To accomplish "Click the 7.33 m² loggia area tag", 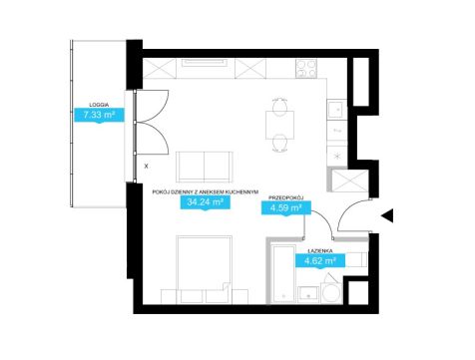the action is pos(99,115).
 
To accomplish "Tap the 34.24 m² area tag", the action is pos(205,202).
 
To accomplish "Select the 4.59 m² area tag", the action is pos(286,208).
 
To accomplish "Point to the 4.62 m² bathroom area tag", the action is pos(320,260).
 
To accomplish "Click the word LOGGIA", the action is pos(99,105).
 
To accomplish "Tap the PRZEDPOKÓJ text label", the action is pos(286,198).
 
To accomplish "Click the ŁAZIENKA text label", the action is pos(320,250).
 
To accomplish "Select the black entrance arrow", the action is pos(387,215).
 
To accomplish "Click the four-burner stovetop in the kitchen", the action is pos(306,69).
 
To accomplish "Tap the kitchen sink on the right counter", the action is pos(336,110).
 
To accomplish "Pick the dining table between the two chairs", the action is pos(279,125).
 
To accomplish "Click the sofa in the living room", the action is pos(205,167).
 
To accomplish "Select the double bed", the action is pos(204,269).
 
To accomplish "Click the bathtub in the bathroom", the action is pos(283,274).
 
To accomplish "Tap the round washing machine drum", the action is pos(332,292).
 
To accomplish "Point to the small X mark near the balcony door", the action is pos(146,167).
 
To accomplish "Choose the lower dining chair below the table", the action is pos(279,145).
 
